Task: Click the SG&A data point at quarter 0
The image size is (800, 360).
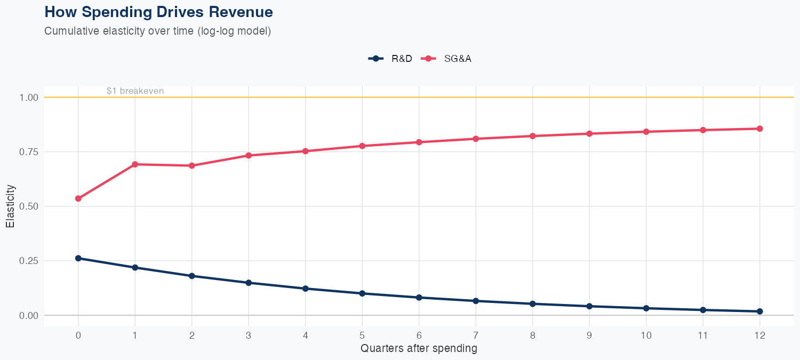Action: [x=78, y=198]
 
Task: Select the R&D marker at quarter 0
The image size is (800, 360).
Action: [x=78, y=258]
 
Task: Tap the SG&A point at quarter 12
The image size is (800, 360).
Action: [x=759, y=129]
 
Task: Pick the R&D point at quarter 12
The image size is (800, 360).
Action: [x=759, y=311]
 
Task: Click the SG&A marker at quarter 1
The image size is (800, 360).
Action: [x=135, y=164]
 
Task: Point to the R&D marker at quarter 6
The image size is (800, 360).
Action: [x=419, y=298]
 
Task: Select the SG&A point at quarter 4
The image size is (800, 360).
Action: [x=305, y=151]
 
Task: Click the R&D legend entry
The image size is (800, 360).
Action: [x=390, y=59]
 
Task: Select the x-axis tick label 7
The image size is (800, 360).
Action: [x=475, y=335]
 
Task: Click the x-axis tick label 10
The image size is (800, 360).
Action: [x=646, y=335]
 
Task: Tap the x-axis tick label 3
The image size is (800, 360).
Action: [x=249, y=335]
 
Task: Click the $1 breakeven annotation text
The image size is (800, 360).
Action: [x=135, y=91]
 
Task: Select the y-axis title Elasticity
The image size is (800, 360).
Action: [x=10, y=206]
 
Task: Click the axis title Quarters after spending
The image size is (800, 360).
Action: [x=419, y=349]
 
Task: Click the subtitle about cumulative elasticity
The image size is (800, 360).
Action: [x=158, y=31]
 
